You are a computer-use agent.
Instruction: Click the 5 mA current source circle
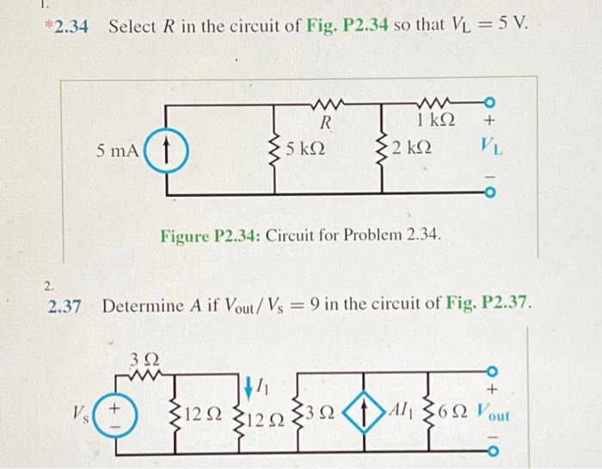point(160,152)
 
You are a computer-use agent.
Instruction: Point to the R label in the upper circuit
point(326,121)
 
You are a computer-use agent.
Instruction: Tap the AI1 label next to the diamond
point(404,411)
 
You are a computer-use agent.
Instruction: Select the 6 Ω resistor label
point(452,412)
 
